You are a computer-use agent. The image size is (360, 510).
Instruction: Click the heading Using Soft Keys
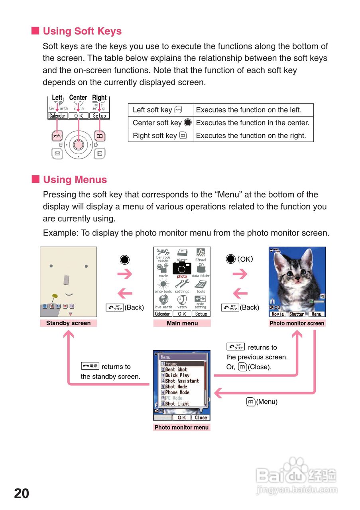click(82, 31)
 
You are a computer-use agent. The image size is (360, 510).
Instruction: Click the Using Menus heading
click(75, 180)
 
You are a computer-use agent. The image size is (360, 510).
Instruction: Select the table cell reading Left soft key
click(152, 110)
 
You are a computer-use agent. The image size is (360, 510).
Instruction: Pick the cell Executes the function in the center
click(253, 123)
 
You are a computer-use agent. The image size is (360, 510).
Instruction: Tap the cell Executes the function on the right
click(251, 135)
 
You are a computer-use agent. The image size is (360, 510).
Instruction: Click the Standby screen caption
click(68, 323)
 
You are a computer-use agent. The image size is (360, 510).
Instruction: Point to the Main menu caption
click(182, 323)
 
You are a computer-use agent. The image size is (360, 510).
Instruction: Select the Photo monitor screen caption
click(297, 323)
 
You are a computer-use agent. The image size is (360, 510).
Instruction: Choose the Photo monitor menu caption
click(181, 428)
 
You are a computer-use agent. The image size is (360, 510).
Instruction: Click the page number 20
click(22, 494)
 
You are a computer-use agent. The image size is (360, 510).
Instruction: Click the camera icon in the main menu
click(182, 268)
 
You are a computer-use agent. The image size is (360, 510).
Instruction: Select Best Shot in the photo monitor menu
click(176, 369)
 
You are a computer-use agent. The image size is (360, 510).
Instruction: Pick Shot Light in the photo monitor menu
click(177, 404)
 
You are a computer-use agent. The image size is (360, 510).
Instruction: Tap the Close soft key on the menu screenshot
click(201, 418)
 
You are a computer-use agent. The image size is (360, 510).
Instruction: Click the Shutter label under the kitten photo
click(297, 314)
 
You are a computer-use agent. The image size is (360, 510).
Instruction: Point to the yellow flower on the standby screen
click(55, 296)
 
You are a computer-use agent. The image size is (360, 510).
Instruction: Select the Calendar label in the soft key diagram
click(57, 116)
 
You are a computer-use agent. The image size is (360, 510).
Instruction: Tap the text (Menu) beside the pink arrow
click(266, 402)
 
